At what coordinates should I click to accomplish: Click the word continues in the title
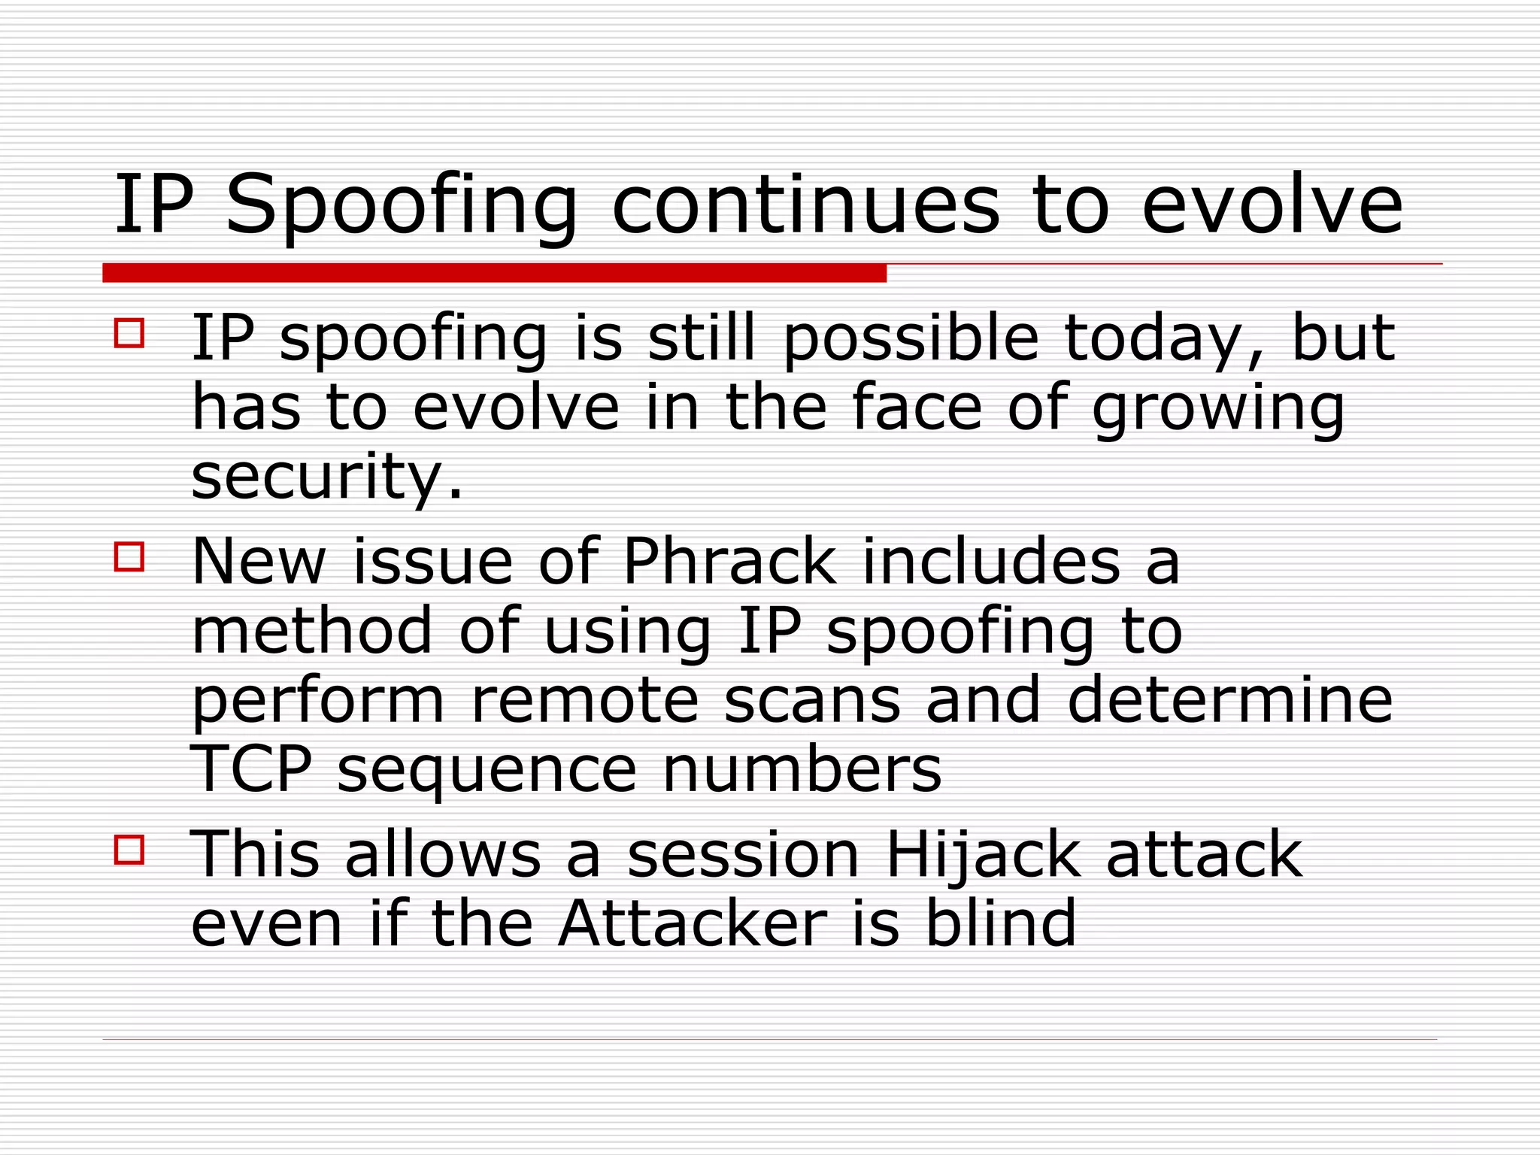pos(805,205)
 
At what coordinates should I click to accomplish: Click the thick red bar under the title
pos(494,273)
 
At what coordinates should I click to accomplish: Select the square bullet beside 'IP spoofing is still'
pos(129,332)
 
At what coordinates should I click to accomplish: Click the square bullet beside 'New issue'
pos(129,557)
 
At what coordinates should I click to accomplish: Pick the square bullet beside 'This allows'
pos(129,850)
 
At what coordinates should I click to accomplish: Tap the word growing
pos(1217,411)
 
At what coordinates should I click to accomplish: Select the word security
pos(326,478)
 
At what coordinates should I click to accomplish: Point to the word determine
pos(1229,699)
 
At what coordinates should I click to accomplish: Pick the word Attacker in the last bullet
pos(693,923)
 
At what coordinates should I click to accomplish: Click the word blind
pos(1001,923)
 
